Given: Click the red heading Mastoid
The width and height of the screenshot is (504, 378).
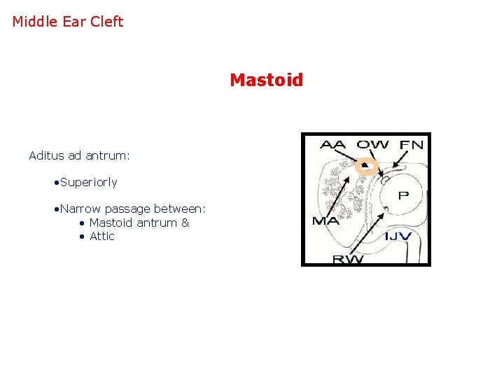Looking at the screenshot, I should tap(266, 80).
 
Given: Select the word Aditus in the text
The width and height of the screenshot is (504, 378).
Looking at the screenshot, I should tap(46, 155).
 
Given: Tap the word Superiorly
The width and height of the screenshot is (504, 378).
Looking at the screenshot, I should tap(89, 182).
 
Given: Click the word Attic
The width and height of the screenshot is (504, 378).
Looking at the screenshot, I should tap(101, 237).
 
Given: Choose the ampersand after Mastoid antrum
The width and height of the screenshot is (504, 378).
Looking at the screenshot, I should tap(185, 223).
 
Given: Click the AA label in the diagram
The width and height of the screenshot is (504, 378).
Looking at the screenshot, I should tap(332, 145).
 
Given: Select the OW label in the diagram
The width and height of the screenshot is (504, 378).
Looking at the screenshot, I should tap(372, 145).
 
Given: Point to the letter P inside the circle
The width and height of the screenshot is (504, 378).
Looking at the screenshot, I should tap(403, 195).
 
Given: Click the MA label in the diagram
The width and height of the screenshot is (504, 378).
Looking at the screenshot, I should tap(325, 222).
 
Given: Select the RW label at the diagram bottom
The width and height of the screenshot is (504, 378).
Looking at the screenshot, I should tap(348, 259).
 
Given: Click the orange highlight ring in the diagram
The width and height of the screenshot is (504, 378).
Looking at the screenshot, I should tap(365, 166).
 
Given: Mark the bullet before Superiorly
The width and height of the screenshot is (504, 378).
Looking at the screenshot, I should tap(56, 183).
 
